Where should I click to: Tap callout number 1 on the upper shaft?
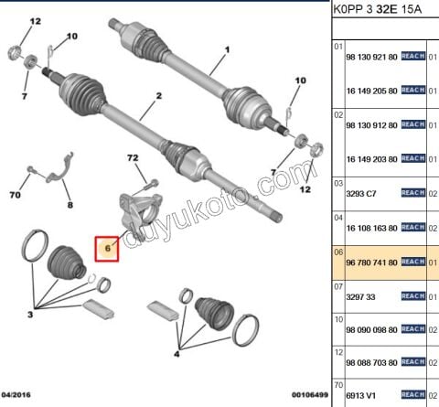(219, 63)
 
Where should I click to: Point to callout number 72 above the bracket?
(134, 158)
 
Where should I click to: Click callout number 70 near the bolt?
(16, 194)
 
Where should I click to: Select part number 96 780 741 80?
(371, 262)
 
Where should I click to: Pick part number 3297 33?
(361, 296)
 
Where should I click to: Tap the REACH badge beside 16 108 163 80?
(413, 228)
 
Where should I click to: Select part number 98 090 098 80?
(371, 330)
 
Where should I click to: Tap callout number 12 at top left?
(36, 20)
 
